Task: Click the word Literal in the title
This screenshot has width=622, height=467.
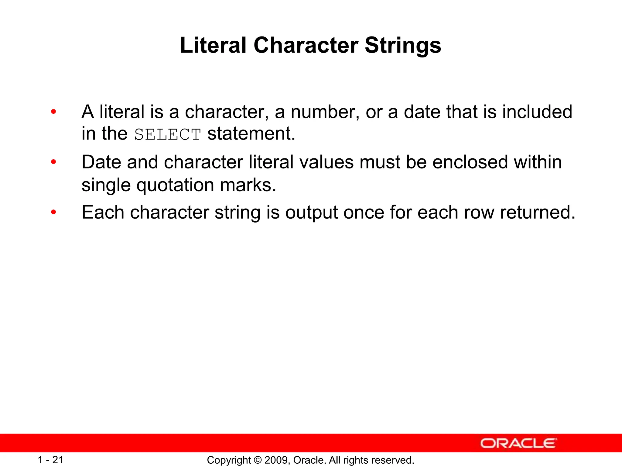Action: point(213,46)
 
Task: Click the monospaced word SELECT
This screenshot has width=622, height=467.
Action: point(168,135)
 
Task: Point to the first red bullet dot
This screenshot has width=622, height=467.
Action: point(54,112)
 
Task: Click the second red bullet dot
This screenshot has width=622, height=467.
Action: point(54,162)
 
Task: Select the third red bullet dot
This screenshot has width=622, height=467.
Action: point(54,212)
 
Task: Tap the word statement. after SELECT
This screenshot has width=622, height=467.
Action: point(251,134)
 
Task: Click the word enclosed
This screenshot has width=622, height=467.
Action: point(470,162)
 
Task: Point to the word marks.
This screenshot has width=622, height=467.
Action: point(248,185)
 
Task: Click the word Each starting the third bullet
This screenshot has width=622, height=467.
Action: point(103,212)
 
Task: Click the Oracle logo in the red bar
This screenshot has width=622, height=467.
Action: point(518,443)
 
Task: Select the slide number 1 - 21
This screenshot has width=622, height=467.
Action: point(51,460)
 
